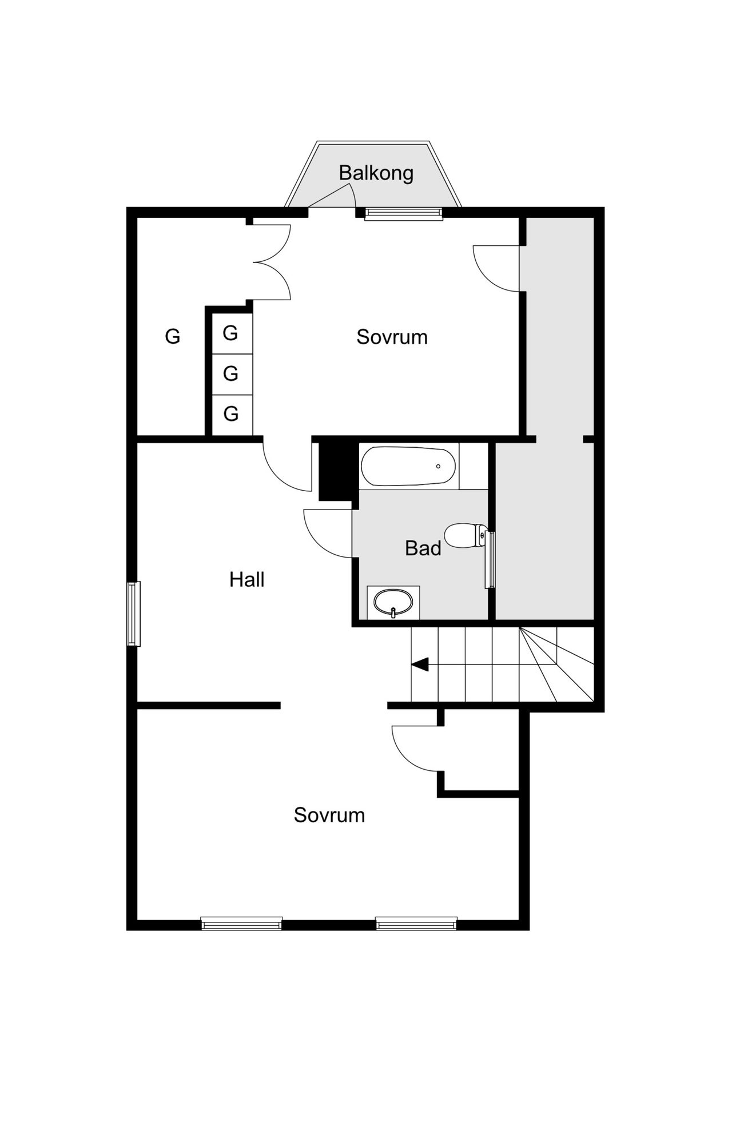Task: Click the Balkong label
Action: coord(376,173)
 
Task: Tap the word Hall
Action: coord(246,580)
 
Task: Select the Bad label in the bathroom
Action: coord(423,548)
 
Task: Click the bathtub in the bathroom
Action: coord(408,466)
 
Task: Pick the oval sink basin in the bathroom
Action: coord(393,603)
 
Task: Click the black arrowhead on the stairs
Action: coord(420,665)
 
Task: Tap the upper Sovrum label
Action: coord(392,337)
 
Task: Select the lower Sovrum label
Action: coord(329,815)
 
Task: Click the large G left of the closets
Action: coord(172,336)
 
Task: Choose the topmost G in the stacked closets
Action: coord(230,333)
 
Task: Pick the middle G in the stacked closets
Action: coord(230,373)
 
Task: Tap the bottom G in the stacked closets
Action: coord(230,413)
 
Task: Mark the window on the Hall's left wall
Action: coord(133,614)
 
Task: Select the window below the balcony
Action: coord(404,214)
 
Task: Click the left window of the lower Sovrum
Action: coord(241,924)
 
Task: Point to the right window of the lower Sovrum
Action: coord(416,924)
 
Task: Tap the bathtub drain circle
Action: coord(438,466)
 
